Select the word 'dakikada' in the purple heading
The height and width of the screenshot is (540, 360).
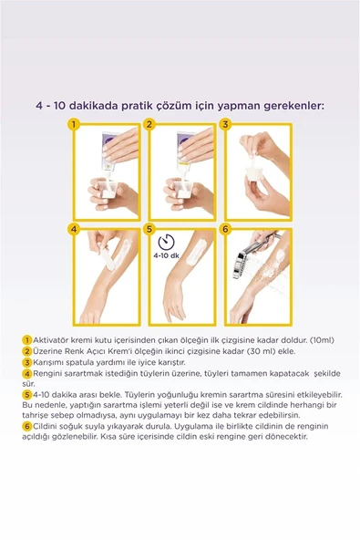click(116, 105)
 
